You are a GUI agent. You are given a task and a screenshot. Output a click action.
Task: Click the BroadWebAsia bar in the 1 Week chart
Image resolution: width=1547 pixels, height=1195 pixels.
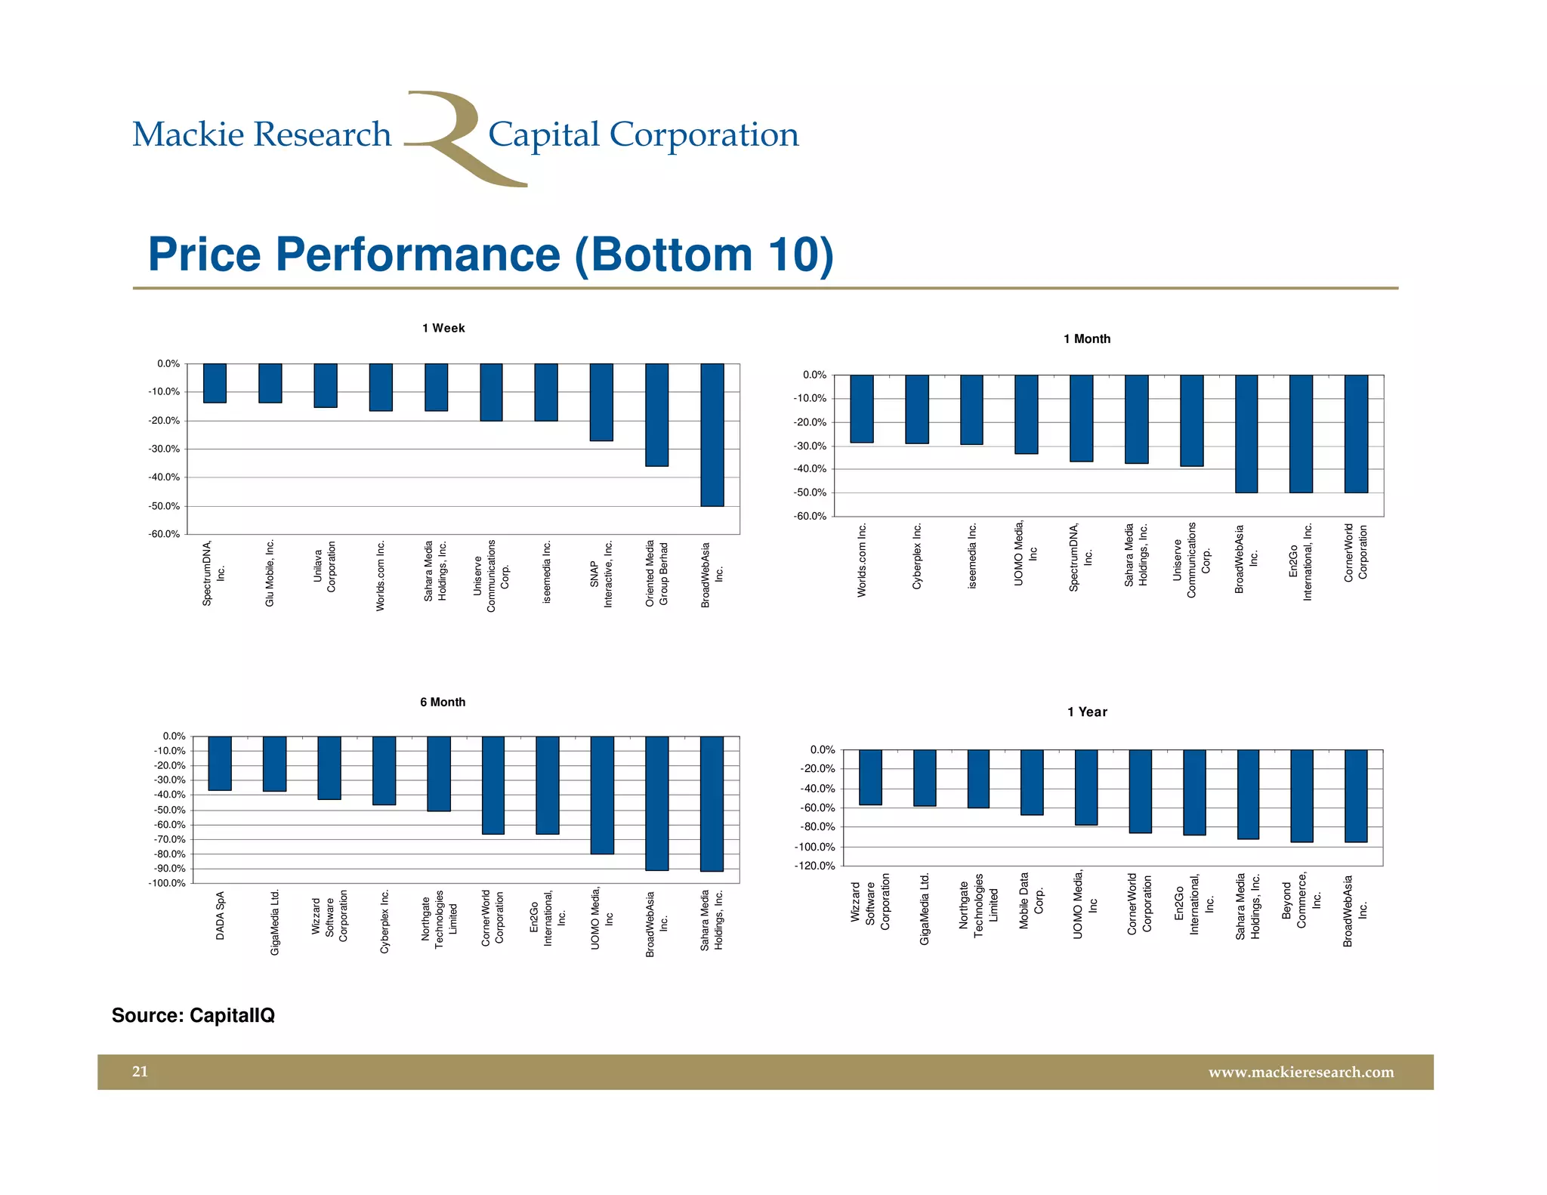tap(712, 434)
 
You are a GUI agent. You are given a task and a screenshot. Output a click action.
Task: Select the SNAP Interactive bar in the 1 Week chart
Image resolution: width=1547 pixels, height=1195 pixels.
tap(601, 402)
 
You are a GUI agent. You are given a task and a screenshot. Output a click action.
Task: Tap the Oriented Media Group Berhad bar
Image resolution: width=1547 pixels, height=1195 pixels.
tap(656, 415)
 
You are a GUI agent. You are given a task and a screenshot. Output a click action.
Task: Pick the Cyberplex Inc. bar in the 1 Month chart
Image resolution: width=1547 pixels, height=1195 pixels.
tap(917, 409)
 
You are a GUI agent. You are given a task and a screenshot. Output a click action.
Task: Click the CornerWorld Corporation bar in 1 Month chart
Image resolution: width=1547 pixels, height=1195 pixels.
tap(1356, 434)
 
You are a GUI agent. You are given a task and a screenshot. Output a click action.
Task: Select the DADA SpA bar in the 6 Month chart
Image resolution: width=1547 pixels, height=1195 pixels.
tap(220, 763)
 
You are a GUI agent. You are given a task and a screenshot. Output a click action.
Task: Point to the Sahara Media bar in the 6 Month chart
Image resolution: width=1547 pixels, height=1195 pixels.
tap(712, 803)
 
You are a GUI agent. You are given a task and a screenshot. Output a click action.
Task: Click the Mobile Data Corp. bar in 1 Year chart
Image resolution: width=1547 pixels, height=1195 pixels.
tap(1032, 782)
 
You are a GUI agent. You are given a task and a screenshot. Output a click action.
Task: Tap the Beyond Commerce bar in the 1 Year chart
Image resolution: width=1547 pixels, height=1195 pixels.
tap(1302, 795)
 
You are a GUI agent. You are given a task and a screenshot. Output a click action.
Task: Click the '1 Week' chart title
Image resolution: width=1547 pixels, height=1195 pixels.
tap(443, 328)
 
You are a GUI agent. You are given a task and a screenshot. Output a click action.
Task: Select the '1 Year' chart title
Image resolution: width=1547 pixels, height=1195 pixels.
tap(1087, 712)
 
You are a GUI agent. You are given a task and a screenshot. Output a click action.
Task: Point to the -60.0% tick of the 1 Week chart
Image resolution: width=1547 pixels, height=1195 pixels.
tap(164, 534)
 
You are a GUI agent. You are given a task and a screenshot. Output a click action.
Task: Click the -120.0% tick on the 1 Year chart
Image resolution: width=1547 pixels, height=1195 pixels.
tap(814, 866)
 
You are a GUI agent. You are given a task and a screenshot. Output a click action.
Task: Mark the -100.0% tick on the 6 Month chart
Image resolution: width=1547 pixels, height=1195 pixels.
tap(169, 883)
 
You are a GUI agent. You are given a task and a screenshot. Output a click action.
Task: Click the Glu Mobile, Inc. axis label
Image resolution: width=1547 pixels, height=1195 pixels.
tap(270, 573)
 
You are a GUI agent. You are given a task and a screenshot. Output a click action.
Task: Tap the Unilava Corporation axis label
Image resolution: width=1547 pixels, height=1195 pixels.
tap(325, 567)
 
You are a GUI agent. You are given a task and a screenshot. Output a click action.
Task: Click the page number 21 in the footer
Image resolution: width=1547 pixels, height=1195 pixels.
tap(140, 1071)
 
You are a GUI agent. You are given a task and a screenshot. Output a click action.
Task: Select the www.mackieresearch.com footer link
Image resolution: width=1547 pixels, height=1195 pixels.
tap(1301, 1072)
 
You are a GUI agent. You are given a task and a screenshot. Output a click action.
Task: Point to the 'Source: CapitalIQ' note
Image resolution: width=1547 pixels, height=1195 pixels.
tap(193, 1015)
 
